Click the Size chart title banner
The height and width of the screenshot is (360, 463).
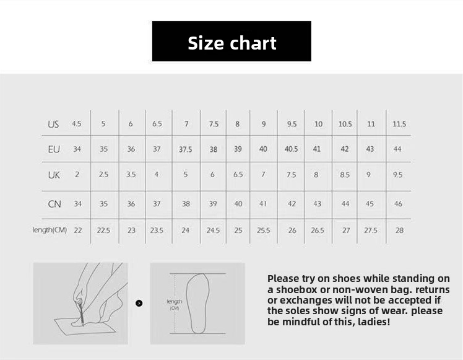231,41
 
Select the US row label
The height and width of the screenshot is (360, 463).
53,124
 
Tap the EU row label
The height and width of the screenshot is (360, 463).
54,149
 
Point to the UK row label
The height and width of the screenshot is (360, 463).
54,175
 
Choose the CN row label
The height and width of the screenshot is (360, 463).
54,204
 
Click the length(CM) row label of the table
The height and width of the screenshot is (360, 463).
50,230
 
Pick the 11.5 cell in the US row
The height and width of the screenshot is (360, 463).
399,124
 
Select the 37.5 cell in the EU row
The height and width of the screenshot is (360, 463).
186,149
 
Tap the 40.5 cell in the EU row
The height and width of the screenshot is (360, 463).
291,149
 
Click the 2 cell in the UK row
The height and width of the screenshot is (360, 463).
77,174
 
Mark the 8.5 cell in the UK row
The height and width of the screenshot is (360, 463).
345,175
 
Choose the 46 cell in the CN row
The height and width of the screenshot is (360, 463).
398,204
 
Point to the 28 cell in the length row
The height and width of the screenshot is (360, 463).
399,230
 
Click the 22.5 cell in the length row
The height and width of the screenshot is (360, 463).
103,230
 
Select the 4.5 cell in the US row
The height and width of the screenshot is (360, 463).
77,123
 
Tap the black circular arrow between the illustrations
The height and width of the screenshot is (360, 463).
139,303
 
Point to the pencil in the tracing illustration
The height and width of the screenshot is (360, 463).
81,312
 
